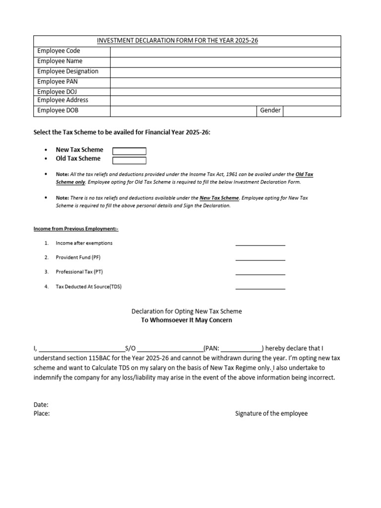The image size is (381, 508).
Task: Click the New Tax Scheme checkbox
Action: pyautogui.click(x=129, y=151)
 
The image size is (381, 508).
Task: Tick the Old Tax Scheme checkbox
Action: pyautogui.click(x=129, y=160)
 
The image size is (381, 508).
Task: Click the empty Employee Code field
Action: pyautogui.click(x=225, y=52)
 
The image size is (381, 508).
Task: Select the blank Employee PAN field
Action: pyautogui.click(x=225, y=82)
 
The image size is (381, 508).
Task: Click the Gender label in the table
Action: pyautogui.click(x=270, y=111)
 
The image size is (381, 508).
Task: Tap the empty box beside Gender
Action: pyautogui.click(x=312, y=111)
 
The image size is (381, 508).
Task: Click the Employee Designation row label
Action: pyautogui.click(x=68, y=71)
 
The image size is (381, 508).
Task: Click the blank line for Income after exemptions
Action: pyautogui.click(x=260, y=243)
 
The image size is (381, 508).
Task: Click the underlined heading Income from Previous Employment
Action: pyautogui.click(x=76, y=229)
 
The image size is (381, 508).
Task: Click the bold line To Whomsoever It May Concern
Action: pyautogui.click(x=187, y=320)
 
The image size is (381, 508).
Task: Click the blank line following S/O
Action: pyautogui.click(x=170, y=349)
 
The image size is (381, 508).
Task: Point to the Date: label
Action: pyautogui.click(x=41, y=405)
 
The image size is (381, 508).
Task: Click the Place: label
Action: pyautogui.click(x=42, y=414)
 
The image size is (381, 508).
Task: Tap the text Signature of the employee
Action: pyautogui.click(x=271, y=414)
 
